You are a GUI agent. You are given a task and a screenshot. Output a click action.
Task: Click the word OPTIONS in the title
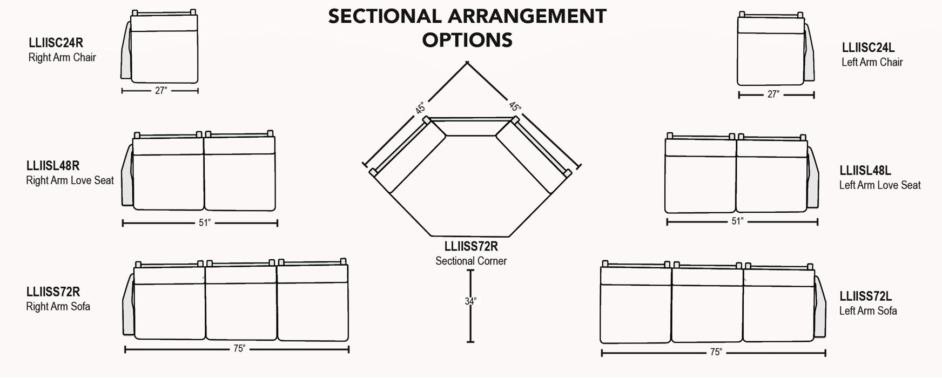click(x=467, y=40)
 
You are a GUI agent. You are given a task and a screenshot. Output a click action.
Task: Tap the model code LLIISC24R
click(x=56, y=43)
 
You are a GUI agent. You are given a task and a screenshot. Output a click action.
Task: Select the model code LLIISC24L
click(x=868, y=48)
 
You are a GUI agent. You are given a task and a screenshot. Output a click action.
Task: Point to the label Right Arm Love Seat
click(x=70, y=180)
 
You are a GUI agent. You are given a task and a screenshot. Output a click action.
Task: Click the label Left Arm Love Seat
click(x=879, y=185)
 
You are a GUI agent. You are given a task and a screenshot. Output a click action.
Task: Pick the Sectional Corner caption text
click(x=471, y=261)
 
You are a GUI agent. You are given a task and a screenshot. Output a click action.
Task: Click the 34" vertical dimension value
click(x=470, y=301)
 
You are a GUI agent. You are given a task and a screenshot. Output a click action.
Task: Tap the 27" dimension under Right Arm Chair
click(x=160, y=91)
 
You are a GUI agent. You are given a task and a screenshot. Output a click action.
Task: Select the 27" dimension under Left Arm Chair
click(x=773, y=94)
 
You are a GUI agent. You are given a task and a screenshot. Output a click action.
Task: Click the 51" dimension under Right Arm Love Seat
click(x=204, y=222)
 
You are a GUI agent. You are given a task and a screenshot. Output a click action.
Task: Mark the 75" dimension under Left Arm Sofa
click(x=716, y=353)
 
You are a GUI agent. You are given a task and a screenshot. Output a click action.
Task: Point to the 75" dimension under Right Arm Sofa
click(x=239, y=349)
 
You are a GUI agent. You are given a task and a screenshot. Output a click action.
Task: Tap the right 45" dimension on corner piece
click(x=514, y=107)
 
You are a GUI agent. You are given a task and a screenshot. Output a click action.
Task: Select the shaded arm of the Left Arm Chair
click(x=809, y=54)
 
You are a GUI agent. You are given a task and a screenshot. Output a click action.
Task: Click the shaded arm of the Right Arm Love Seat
click(x=127, y=175)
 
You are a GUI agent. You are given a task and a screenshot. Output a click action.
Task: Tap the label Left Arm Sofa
click(x=867, y=310)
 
